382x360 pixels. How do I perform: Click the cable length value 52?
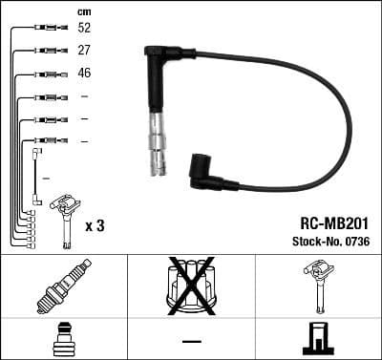tap(84, 29)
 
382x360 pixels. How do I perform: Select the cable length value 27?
tap(84, 50)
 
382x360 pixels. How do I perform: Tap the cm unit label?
tap(84, 11)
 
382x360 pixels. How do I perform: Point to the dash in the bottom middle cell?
tap(191, 340)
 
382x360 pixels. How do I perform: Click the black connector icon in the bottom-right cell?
tap(318, 339)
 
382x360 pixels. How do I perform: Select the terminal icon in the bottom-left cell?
tap(63, 339)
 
